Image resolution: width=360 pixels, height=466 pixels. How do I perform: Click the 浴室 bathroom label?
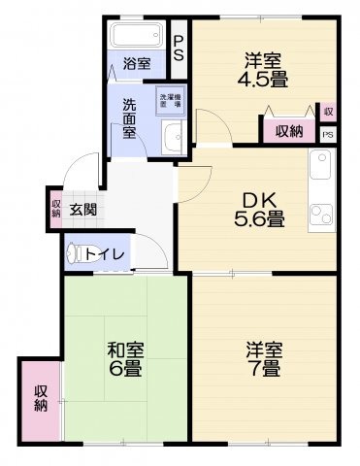click(137, 64)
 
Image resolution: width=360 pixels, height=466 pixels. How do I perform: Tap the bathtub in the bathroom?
click(137, 38)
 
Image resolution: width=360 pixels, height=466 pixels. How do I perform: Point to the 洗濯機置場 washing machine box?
click(172, 100)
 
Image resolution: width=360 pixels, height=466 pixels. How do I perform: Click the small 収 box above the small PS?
click(328, 113)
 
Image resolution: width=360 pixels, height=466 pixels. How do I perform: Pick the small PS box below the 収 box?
click(328, 134)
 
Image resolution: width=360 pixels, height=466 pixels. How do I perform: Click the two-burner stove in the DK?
click(320, 211)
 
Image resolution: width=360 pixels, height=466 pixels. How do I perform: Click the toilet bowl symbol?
click(76, 253)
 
